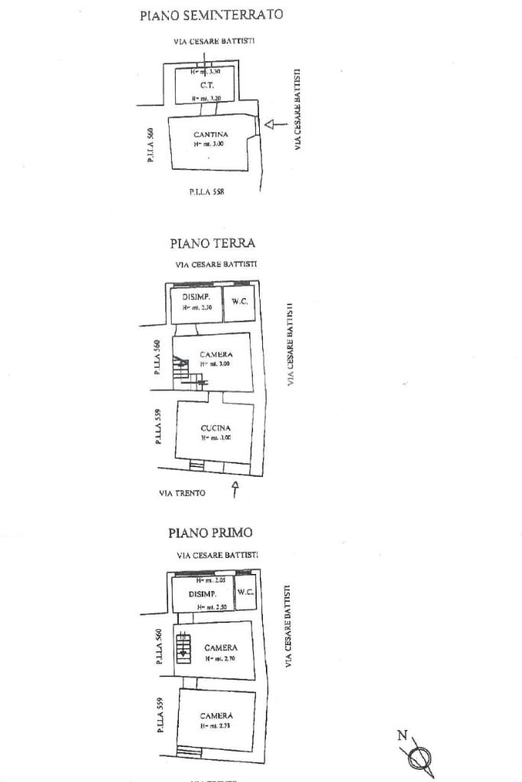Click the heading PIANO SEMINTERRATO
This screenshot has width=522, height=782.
pyautogui.click(x=212, y=15)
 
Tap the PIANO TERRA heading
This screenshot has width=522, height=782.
pyautogui.click(x=212, y=243)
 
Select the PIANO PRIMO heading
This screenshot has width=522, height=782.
pyautogui.click(x=210, y=532)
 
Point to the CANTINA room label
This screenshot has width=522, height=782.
pyautogui.click(x=211, y=135)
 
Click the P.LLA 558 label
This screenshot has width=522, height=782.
pyautogui.click(x=206, y=192)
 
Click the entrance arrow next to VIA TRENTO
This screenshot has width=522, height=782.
pyautogui.click(x=235, y=489)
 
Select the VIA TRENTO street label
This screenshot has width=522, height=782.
pyautogui.click(x=182, y=493)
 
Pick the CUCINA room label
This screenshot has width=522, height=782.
pyautogui.click(x=216, y=428)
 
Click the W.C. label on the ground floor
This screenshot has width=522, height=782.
pyautogui.click(x=239, y=301)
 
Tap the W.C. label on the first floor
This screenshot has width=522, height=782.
pyautogui.click(x=245, y=592)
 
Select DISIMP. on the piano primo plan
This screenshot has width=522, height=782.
pyautogui.click(x=203, y=594)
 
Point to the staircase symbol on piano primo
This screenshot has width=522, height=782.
pyautogui.click(x=183, y=647)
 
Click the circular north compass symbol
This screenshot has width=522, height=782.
pyautogui.click(x=420, y=759)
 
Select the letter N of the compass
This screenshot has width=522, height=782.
pyautogui.click(x=402, y=735)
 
